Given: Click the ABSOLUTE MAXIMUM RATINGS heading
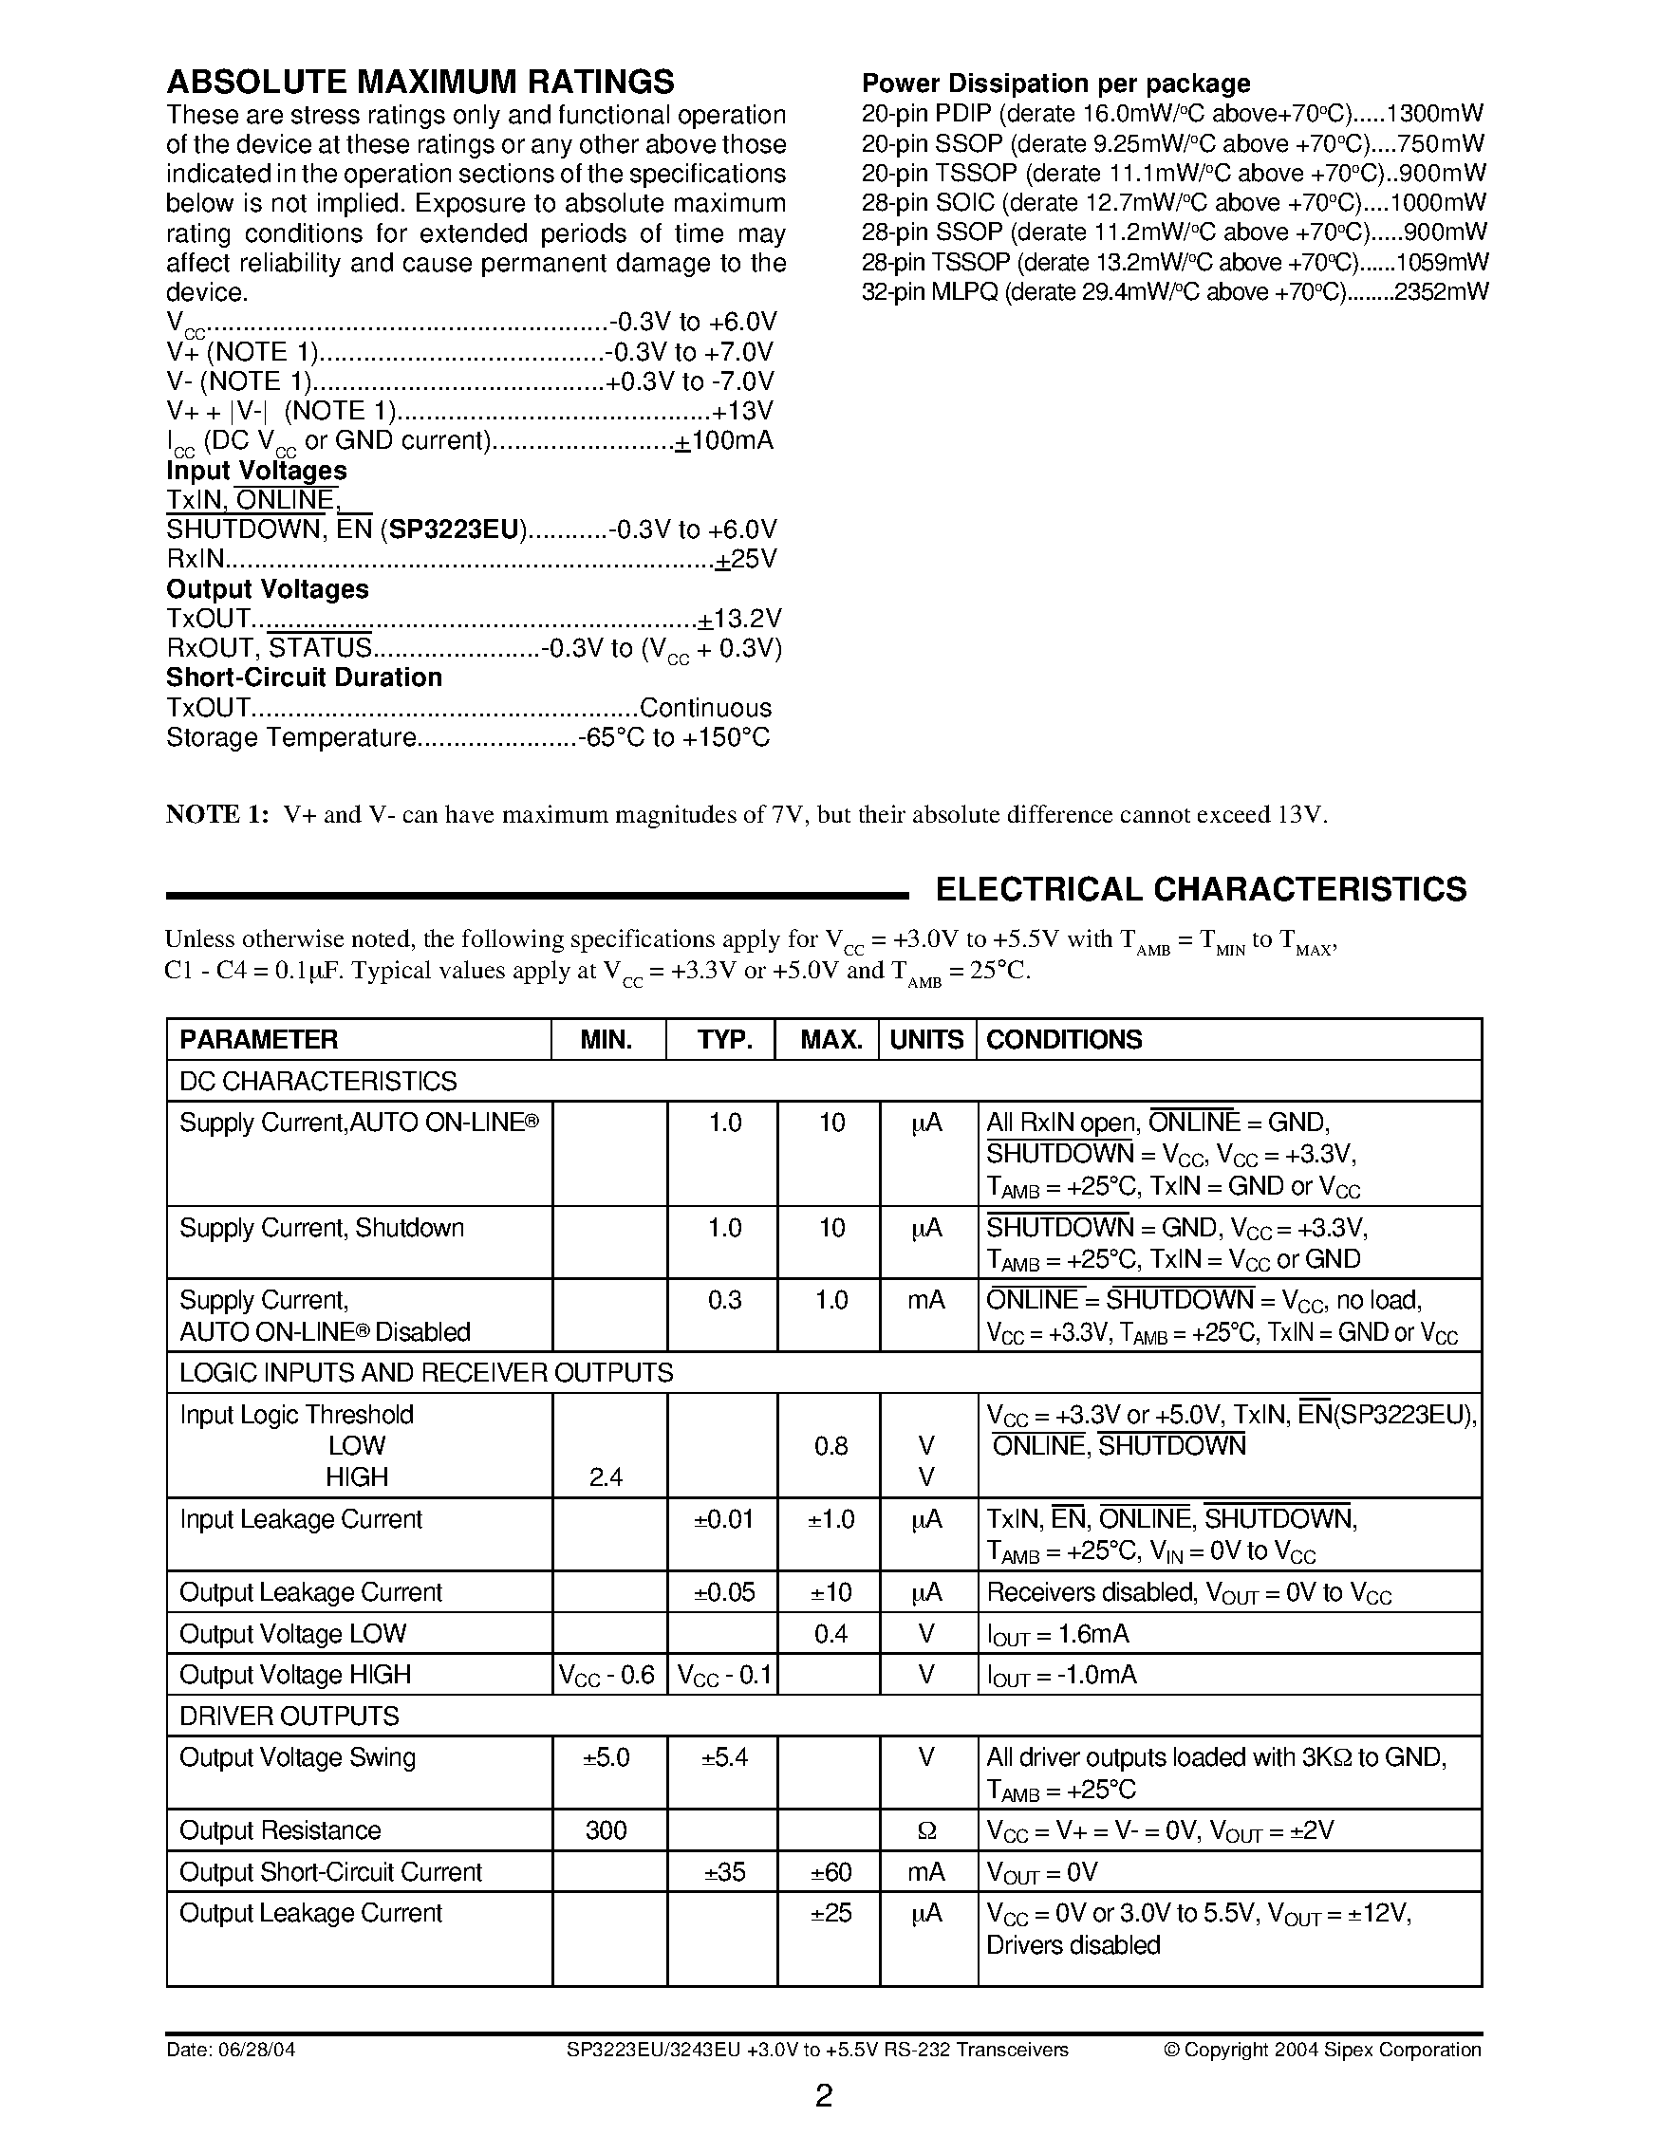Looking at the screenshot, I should click(x=420, y=80).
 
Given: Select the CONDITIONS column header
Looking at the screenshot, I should click(x=1064, y=1039).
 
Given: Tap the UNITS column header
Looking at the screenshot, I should click(x=926, y=1039).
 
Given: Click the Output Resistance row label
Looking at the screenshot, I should click(x=281, y=1830).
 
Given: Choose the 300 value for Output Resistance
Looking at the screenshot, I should click(x=607, y=1830).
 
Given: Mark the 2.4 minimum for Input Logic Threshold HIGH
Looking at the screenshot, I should click(x=607, y=1477).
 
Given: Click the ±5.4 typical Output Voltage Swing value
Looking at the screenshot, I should click(x=723, y=1757).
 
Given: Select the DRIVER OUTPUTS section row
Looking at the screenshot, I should click(x=290, y=1716).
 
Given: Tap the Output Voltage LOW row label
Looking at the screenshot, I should click(x=293, y=1633).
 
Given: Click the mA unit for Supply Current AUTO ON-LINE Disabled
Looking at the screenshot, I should click(x=926, y=1300).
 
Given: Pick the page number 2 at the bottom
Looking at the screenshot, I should click(x=824, y=2096).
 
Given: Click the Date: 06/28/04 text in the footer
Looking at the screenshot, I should click(x=231, y=2049).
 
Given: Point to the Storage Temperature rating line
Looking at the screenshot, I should click(x=467, y=737).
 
